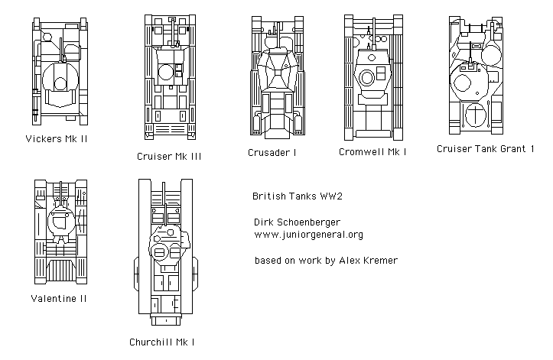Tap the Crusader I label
272,152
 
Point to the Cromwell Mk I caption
372,151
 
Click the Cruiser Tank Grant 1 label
485,148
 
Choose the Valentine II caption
59,298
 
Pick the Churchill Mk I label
166,342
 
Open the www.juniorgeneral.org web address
307,235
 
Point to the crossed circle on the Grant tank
476,116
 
